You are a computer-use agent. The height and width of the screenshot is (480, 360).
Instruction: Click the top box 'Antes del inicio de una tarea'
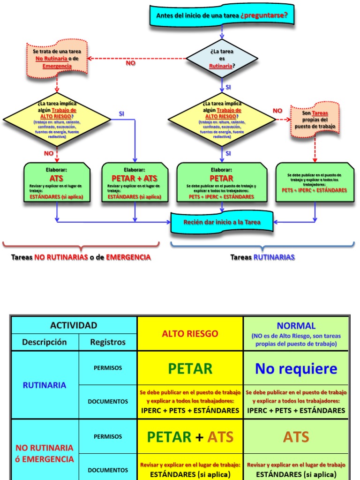(x=222, y=15)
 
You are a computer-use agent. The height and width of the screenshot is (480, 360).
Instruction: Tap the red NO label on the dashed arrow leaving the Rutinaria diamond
(x=130, y=63)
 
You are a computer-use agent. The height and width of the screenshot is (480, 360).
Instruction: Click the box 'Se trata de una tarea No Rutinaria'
(x=57, y=59)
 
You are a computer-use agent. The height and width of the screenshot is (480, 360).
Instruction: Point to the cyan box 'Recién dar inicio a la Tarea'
(x=222, y=222)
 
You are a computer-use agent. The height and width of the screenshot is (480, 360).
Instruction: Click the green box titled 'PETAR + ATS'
(x=135, y=182)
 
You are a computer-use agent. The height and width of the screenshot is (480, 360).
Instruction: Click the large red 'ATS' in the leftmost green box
(x=56, y=179)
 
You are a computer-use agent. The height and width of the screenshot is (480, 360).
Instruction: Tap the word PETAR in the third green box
(x=221, y=179)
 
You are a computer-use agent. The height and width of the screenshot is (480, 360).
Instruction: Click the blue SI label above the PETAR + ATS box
(x=122, y=114)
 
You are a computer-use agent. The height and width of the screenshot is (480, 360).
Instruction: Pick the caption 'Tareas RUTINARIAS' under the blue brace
(x=262, y=257)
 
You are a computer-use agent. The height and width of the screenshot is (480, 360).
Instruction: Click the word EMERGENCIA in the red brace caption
(x=128, y=257)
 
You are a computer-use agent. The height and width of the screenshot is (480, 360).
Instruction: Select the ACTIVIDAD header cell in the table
(x=74, y=325)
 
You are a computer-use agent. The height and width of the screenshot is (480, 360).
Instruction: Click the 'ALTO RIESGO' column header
(x=190, y=334)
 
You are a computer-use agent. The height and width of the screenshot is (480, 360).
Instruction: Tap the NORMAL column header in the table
(x=296, y=326)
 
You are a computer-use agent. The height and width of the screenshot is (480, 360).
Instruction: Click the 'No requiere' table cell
(x=296, y=368)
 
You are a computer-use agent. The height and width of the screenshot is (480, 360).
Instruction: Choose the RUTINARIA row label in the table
(x=45, y=385)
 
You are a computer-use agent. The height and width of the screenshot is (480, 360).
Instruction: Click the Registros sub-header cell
(x=108, y=342)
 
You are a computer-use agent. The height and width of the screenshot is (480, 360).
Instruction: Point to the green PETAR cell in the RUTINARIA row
(x=190, y=368)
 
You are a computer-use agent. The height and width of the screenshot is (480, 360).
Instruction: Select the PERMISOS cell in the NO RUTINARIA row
(x=108, y=436)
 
